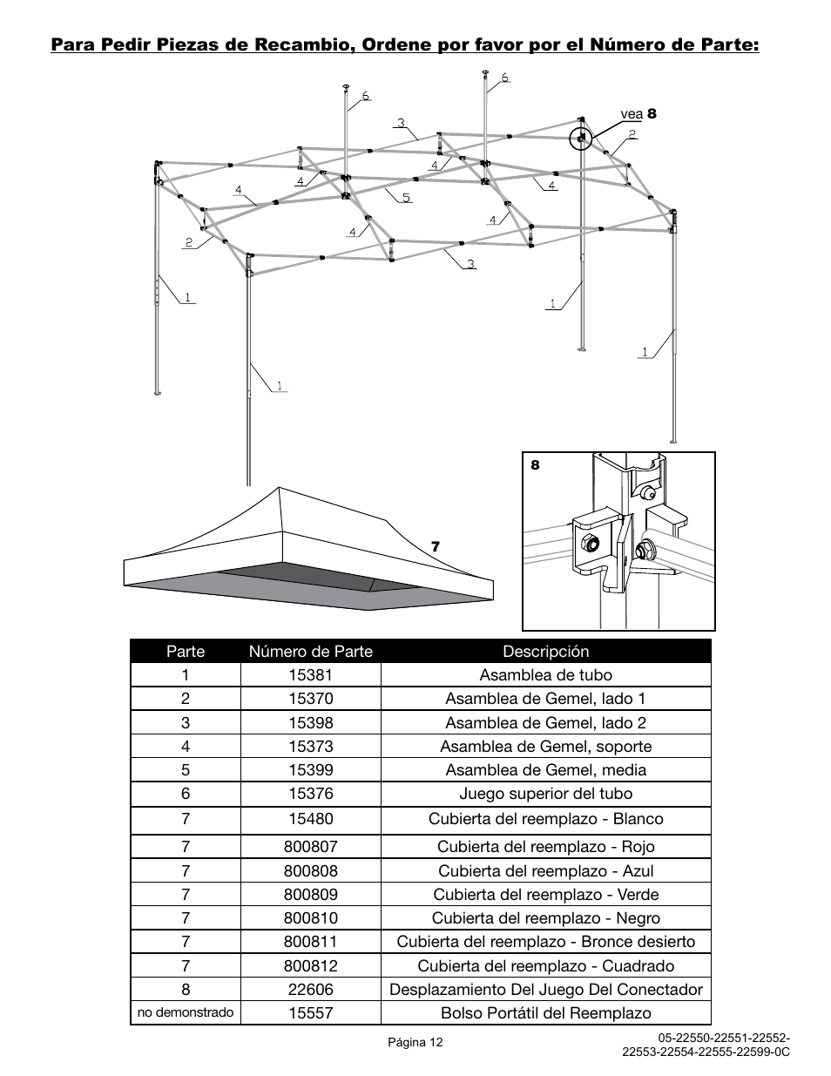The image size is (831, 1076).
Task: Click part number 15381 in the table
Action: tap(311, 675)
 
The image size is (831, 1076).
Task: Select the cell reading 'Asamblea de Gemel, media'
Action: tap(545, 770)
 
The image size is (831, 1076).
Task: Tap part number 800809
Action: tap(311, 895)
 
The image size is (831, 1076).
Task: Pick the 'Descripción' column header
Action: tap(545, 652)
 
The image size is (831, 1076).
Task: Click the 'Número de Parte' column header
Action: tap(311, 652)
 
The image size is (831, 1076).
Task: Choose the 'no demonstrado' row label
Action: tap(186, 1012)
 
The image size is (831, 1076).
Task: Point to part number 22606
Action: tap(311, 990)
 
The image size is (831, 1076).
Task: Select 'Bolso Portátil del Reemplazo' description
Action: tap(545, 1013)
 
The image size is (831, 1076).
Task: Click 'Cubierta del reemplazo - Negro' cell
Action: tap(545, 918)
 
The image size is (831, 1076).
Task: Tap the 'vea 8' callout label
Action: tap(638, 114)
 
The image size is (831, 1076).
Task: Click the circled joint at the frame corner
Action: tap(581, 138)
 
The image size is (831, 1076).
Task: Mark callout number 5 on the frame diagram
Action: tap(406, 198)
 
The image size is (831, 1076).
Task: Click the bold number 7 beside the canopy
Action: tap(436, 547)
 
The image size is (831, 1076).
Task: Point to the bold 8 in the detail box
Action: tap(535, 465)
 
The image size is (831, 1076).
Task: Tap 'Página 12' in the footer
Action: tap(415, 1042)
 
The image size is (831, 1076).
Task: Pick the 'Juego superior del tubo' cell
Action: tap(545, 794)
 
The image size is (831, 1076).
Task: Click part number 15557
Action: tap(311, 1013)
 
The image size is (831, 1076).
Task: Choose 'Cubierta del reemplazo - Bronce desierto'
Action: tap(545, 942)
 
